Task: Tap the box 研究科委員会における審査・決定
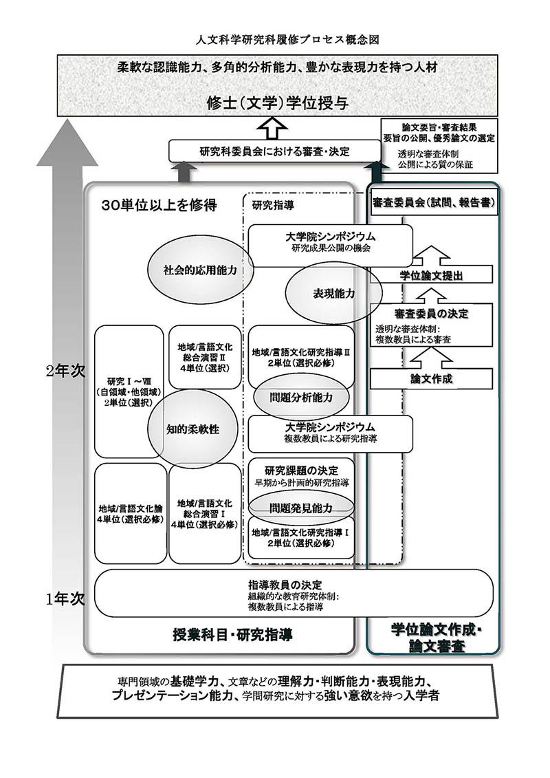click(x=274, y=151)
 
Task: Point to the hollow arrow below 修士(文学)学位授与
click(x=274, y=128)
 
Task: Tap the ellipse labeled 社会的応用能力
click(x=199, y=270)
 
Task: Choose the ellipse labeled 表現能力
click(x=333, y=293)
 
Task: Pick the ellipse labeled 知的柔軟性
click(x=192, y=429)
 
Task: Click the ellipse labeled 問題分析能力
click(x=301, y=398)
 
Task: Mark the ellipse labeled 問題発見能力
click(x=301, y=508)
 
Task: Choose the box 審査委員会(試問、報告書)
click(x=434, y=204)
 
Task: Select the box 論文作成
click(x=432, y=378)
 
